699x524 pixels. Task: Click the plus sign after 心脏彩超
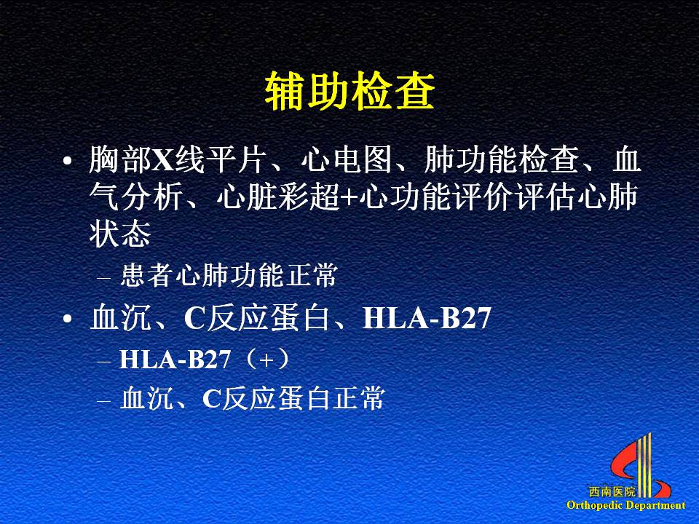tap(349, 197)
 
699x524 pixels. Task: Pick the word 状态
tap(120, 234)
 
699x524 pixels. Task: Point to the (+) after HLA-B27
tap(266, 359)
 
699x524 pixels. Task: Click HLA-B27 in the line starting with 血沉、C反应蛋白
tap(427, 318)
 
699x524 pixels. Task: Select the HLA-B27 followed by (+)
tap(175, 359)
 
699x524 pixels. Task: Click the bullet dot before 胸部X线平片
tap(67, 161)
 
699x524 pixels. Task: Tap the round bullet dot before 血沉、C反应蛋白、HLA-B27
tap(67, 319)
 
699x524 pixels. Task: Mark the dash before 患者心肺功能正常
tap(103, 279)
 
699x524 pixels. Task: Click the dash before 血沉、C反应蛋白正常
tap(103, 401)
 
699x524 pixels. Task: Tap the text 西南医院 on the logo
tap(612, 492)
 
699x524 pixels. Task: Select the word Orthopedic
tap(595, 505)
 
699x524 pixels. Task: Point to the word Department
tap(655, 505)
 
